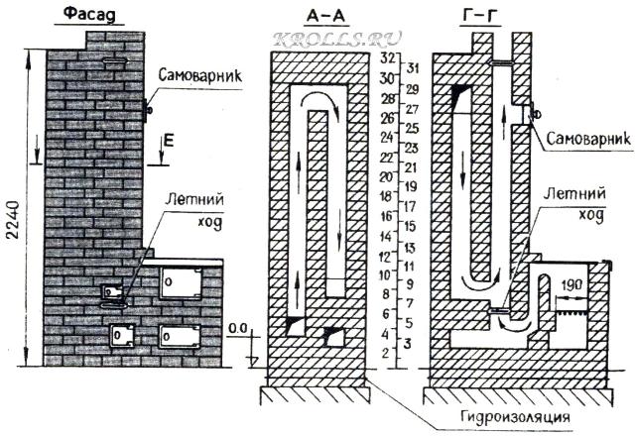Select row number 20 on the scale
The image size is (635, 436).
[388, 176]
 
